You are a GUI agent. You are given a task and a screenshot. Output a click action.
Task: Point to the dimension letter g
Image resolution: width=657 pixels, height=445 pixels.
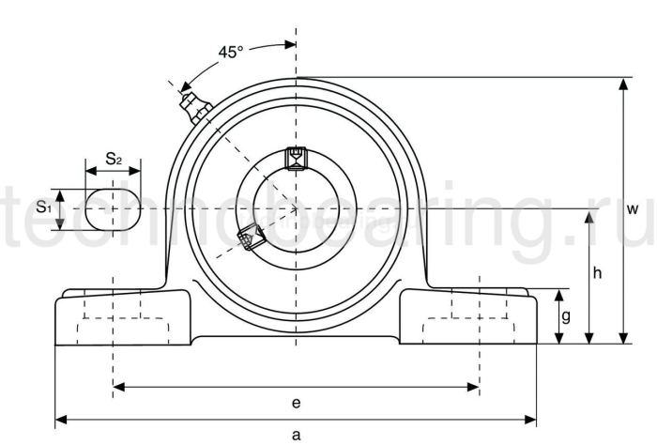point(565,317)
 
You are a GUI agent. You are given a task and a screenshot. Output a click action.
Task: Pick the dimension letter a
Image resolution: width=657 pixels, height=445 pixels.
point(297,435)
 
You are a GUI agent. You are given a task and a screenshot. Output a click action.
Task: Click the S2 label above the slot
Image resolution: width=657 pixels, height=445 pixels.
point(113,159)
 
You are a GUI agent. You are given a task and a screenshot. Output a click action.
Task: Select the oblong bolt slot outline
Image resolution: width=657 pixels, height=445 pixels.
point(113,208)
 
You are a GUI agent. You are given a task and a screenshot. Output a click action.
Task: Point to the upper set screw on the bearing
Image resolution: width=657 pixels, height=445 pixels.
point(297,158)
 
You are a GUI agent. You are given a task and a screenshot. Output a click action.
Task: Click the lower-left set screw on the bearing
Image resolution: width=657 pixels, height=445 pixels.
point(249,238)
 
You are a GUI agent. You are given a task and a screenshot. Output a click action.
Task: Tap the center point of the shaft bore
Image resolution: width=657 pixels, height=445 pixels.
point(297,208)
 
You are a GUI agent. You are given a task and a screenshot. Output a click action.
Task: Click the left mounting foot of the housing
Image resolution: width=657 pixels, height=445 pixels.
point(122,319)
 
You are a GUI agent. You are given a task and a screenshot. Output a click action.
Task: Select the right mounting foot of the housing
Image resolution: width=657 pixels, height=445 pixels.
point(469,319)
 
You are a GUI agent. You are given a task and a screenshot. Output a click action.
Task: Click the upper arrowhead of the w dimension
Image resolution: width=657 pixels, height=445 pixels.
point(621,84)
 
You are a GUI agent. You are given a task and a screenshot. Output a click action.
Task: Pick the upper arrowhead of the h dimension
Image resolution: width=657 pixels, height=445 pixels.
point(588,215)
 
